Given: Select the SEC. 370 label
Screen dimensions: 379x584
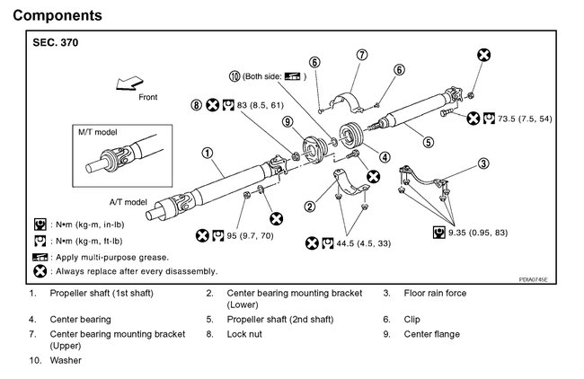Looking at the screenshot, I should click(x=53, y=44).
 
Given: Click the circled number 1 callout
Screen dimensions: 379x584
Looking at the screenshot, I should click(x=207, y=153).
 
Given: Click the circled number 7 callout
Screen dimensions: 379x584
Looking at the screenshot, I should click(x=361, y=56).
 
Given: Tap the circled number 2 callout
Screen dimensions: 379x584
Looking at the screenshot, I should click(x=310, y=207).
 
